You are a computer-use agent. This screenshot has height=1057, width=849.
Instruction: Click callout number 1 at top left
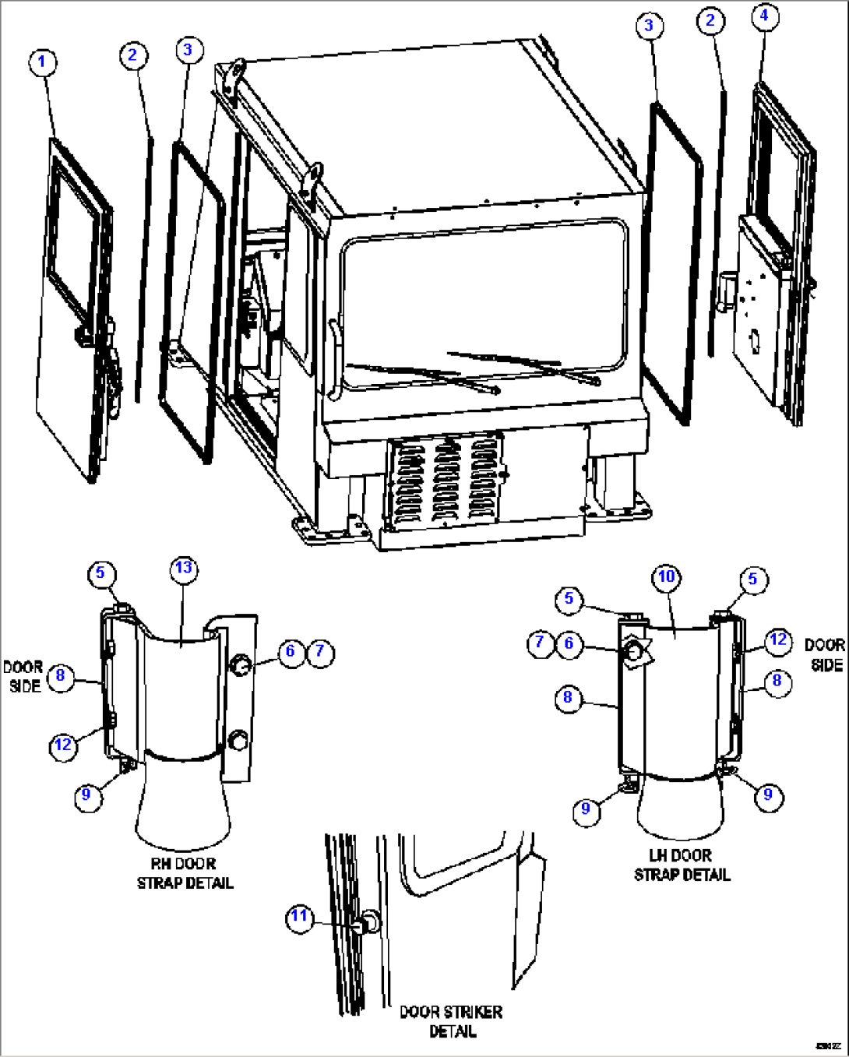tap(43, 63)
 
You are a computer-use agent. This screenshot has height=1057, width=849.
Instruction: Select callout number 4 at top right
tap(764, 16)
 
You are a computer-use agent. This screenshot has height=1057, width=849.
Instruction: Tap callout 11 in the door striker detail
tap(300, 917)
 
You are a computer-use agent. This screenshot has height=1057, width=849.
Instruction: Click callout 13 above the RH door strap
tap(183, 568)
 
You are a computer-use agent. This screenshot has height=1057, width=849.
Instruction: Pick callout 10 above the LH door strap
tap(666, 577)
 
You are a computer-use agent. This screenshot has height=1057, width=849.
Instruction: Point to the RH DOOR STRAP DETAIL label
tap(185, 873)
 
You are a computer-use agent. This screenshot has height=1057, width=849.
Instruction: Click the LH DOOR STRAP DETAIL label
tap(682, 865)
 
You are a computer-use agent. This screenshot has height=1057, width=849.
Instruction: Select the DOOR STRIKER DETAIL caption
tap(451, 1021)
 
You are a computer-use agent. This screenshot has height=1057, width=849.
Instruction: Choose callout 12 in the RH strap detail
tap(63, 745)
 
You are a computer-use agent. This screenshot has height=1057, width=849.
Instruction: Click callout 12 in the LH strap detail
tap(778, 640)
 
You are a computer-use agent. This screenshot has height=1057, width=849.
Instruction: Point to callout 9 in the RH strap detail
tap(86, 795)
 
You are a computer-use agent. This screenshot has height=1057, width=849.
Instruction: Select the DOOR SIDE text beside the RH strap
tap(23, 676)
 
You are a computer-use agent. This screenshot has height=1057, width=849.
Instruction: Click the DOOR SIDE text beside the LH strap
tap(825, 655)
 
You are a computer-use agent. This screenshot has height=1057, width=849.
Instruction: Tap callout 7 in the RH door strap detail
tap(320, 651)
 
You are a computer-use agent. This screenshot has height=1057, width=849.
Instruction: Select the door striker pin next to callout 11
tap(367, 923)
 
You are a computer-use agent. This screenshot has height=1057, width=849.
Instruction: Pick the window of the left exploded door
tap(74, 234)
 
